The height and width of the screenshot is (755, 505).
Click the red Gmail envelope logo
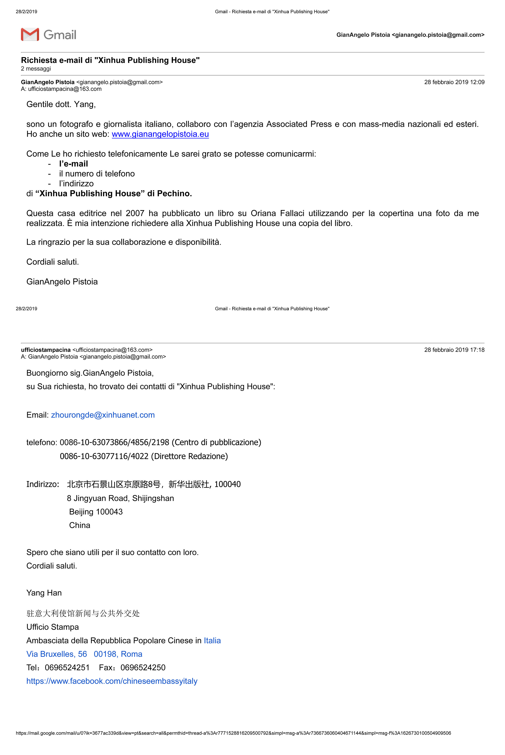pos(30,34)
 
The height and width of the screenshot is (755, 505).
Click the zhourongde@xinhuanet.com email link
pos(103,415)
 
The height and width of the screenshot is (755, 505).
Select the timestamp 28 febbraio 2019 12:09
pos(454,82)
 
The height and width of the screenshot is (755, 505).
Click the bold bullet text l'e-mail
pos(74,164)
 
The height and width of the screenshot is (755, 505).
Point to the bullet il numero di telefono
pos(97,174)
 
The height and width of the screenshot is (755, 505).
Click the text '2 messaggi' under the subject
pos(36,69)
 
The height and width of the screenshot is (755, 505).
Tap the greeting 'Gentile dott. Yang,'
pos(61,104)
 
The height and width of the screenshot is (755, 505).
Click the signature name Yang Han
pos(44,593)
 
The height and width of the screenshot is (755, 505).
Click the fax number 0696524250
pos(143,667)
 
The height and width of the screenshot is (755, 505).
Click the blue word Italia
pos(212,640)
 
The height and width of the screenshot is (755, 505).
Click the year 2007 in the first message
pos(135,213)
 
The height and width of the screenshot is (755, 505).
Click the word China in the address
pos(80,525)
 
